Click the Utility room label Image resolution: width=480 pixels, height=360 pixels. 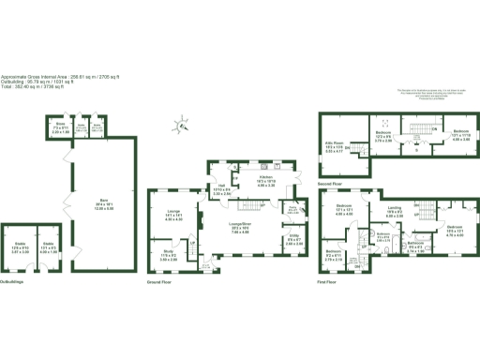click(293, 239)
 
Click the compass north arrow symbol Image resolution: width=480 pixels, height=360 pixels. click(182, 122)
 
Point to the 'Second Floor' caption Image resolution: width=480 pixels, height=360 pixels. click(329, 185)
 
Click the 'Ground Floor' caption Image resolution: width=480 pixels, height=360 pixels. click(160, 280)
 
